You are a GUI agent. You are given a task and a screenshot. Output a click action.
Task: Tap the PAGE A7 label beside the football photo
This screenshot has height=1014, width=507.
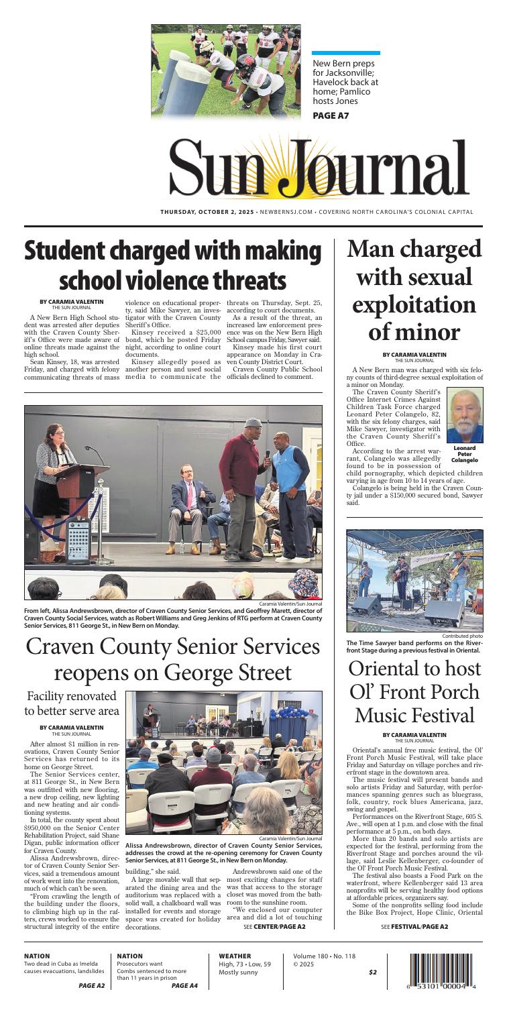(x=333, y=116)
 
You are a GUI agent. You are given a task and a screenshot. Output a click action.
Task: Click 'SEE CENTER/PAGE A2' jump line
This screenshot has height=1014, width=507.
(x=275, y=927)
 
